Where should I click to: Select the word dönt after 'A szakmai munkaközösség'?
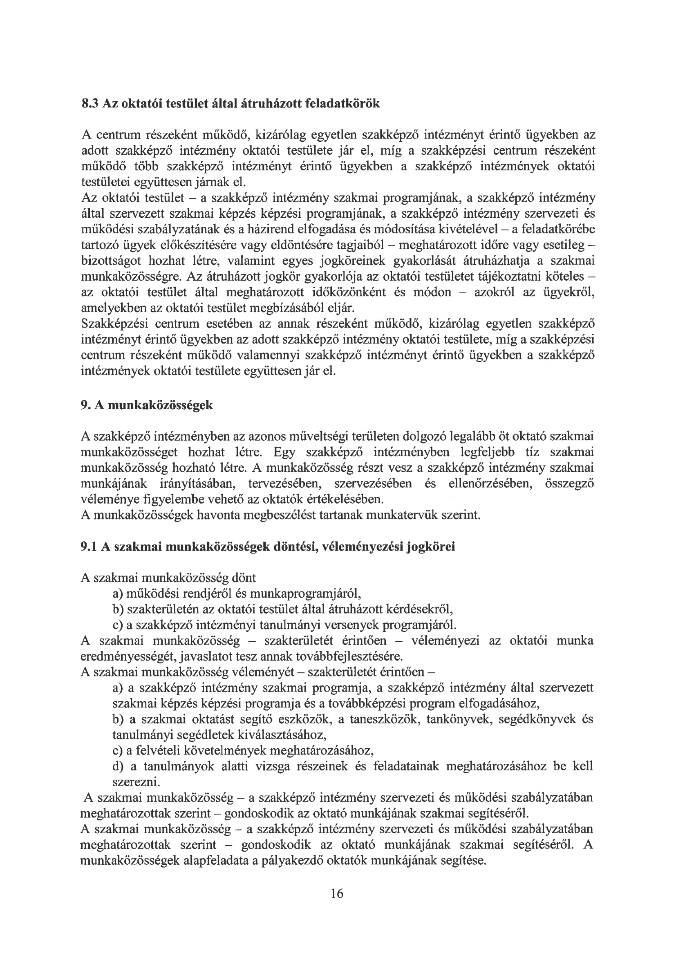(244, 578)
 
